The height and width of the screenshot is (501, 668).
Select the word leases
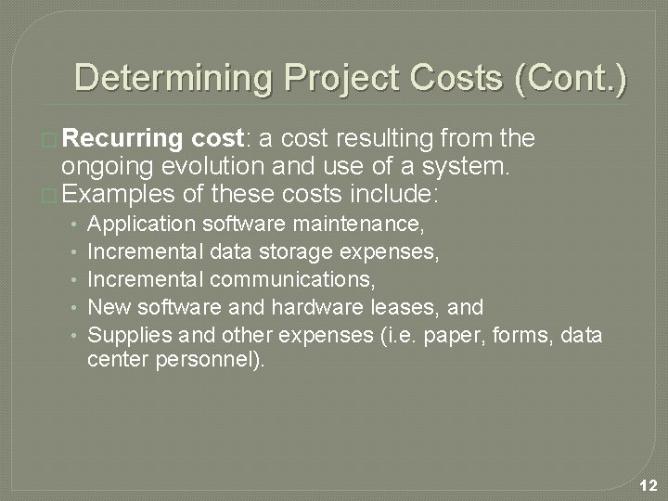[x=415, y=306]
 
